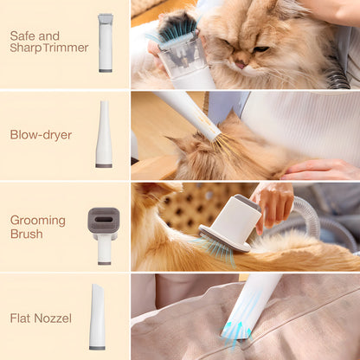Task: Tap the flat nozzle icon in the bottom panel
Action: [x=97, y=318]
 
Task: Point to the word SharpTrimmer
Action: [x=49, y=48]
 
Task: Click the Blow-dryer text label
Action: [x=41, y=134]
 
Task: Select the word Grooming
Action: [x=38, y=220]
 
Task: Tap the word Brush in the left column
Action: [x=26, y=234]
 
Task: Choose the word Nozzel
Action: [x=59, y=317]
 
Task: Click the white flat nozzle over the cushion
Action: [x=255, y=299]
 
